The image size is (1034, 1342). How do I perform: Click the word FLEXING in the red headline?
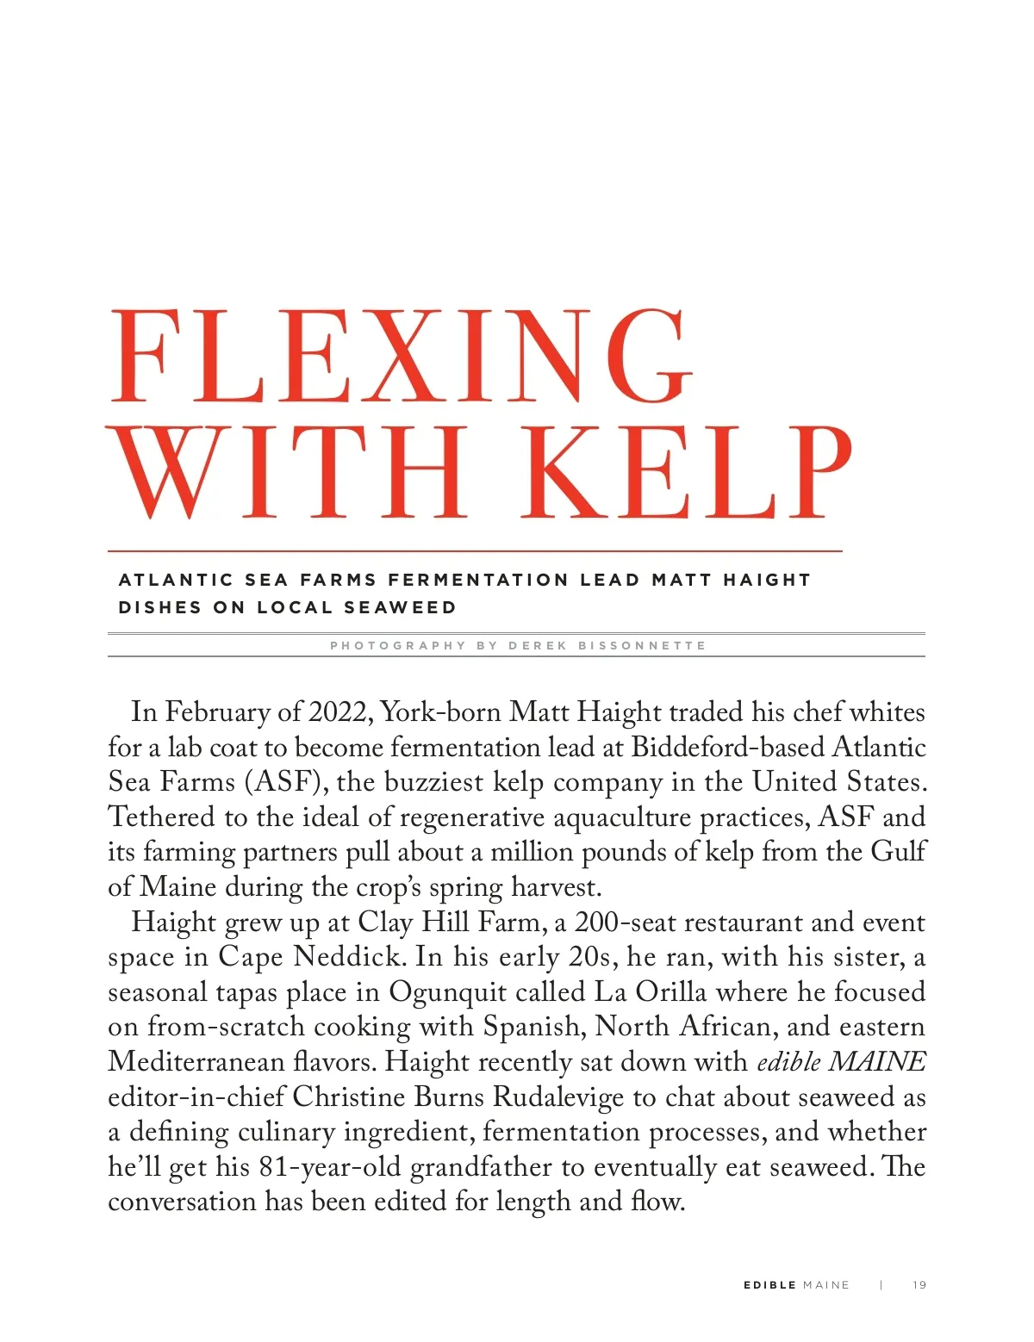[x=402, y=355]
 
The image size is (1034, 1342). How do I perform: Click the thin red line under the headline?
[x=474, y=550]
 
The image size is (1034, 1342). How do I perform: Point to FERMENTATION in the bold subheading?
[x=478, y=580]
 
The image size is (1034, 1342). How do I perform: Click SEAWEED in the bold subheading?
[x=400, y=607]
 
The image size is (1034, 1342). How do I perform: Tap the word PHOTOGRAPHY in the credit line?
[x=397, y=645]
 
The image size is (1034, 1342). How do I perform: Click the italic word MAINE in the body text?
[x=876, y=1062]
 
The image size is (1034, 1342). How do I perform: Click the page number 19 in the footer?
[x=919, y=1285]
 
